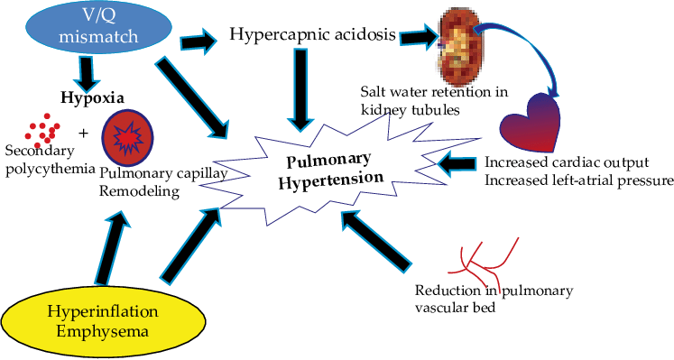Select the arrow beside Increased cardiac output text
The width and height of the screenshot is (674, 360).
tap(460, 164)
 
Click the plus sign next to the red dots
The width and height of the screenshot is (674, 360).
tap(84, 133)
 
